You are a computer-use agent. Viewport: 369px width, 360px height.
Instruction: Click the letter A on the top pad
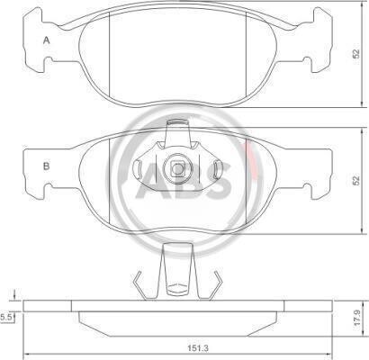pos(46,40)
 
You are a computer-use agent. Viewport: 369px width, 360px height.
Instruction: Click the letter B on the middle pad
pos(46,166)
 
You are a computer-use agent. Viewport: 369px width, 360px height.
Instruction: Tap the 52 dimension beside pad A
pos(355,54)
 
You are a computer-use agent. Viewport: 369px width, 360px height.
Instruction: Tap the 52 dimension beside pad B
pos(355,181)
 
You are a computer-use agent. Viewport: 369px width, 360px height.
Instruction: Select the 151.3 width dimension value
pos(199,348)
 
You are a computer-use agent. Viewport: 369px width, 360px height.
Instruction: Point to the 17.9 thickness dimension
pos(356,319)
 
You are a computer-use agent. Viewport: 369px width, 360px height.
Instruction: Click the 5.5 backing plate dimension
pos(6,317)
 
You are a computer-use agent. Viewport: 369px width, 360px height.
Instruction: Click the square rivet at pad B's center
pos(177,169)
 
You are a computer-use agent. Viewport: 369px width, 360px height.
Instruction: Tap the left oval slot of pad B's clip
pos(138,167)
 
